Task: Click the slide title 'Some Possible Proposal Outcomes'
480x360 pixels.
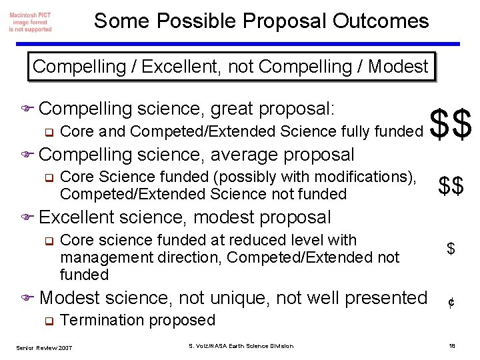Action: pos(261,21)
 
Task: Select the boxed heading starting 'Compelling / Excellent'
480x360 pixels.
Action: pos(230,67)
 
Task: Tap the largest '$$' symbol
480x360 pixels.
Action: pos(451,123)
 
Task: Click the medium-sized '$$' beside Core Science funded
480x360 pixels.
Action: pos(451,187)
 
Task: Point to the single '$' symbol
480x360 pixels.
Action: pos(451,249)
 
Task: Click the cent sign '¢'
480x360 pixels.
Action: pos(451,303)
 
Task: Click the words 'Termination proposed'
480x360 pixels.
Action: pos(138,320)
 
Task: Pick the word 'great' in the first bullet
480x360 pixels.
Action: pos(230,108)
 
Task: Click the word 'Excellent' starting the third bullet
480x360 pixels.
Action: pos(77,217)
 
